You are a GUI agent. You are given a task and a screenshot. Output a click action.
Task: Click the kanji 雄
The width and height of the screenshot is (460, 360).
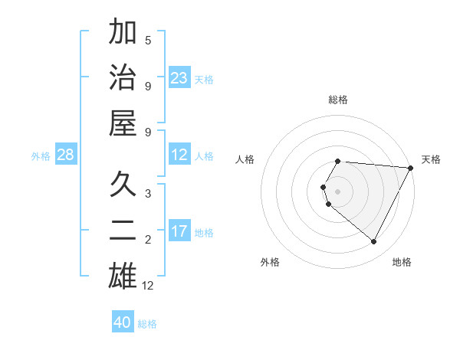[123, 275]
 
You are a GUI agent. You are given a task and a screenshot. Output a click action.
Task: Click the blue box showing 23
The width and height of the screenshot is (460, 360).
[179, 77]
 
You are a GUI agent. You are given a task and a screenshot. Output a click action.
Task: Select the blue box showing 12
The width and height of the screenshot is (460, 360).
[179, 155]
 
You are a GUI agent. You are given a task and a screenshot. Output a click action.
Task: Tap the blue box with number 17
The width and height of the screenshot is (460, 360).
[179, 231]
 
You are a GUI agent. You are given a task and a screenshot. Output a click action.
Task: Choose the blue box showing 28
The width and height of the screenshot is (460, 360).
[66, 155]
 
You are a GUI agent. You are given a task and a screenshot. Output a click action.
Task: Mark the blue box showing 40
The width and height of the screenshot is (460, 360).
[123, 322]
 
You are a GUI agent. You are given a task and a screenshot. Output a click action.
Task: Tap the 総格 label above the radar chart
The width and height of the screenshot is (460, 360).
[338, 100]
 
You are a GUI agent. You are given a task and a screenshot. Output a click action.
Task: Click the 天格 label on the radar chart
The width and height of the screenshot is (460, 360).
[431, 159]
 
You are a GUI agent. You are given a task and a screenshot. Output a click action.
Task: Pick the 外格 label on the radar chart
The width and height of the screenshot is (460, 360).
[270, 262]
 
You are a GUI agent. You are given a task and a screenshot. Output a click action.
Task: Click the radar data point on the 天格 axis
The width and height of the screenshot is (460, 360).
[411, 168]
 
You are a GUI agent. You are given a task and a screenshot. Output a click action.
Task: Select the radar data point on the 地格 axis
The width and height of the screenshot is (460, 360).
[374, 242]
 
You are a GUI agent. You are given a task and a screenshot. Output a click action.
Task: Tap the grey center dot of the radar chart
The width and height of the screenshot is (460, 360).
[338, 191]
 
